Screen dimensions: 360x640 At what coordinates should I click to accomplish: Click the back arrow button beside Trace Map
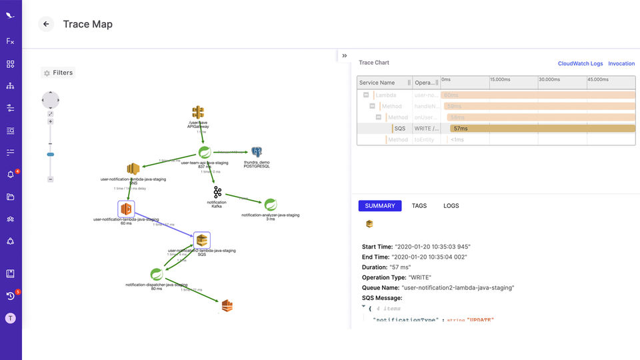pyautogui.click(x=46, y=24)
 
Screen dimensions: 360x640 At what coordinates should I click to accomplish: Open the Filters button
pyautogui.click(x=58, y=73)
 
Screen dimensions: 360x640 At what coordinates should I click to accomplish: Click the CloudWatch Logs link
pyautogui.click(x=580, y=63)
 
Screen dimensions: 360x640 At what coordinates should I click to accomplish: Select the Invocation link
pyautogui.click(x=621, y=63)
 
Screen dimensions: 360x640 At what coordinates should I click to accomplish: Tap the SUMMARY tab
pyautogui.click(x=380, y=206)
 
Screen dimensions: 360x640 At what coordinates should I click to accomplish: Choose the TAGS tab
pyautogui.click(x=419, y=206)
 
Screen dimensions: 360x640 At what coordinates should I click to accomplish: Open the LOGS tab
pyautogui.click(x=451, y=206)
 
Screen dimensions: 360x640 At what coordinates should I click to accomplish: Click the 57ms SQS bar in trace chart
pyautogui.click(x=542, y=129)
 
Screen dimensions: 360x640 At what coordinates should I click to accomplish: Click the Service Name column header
pyautogui.click(x=377, y=83)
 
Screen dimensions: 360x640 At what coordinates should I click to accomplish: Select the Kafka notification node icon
pyautogui.click(x=217, y=192)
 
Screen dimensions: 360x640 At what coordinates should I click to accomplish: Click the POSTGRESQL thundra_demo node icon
pyautogui.click(x=257, y=153)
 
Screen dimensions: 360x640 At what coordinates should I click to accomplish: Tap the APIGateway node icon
pyautogui.click(x=198, y=112)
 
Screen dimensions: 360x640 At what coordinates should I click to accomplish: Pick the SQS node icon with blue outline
pyautogui.click(x=202, y=240)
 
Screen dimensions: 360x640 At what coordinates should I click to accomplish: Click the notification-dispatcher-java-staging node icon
pyautogui.click(x=156, y=274)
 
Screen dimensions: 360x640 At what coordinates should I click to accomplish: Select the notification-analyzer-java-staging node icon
pyautogui.click(x=270, y=205)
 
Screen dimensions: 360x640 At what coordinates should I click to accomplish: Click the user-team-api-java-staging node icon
pyautogui.click(x=205, y=152)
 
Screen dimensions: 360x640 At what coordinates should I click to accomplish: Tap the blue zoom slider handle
pyautogui.click(x=50, y=154)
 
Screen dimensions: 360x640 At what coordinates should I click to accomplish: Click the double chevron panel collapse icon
pyautogui.click(x=345, y=56)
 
